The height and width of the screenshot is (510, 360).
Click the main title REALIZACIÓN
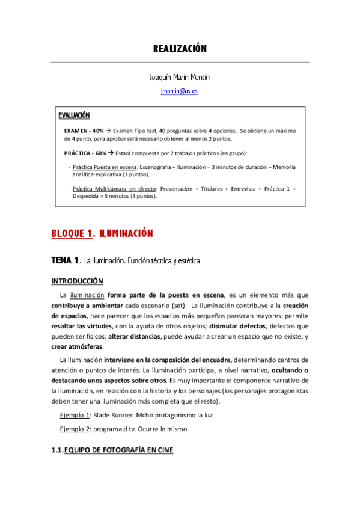pos(180,49)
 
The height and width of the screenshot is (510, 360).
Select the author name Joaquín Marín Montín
pos(179,78)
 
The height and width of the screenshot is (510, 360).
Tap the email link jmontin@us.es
pos(179,91)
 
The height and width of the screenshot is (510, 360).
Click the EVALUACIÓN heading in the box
pos(74,115)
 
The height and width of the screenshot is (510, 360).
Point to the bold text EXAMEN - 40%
pos(84,130)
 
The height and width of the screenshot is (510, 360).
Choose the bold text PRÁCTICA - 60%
pos(85,153)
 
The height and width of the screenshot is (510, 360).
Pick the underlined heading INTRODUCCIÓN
pos(77,281)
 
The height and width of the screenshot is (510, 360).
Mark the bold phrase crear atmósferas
pos(77,346)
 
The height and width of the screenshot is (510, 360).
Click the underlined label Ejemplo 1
pos(75,415)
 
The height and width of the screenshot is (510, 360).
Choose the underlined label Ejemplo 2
pos(75,429)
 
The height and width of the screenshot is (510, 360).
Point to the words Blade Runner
pos(112,415)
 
